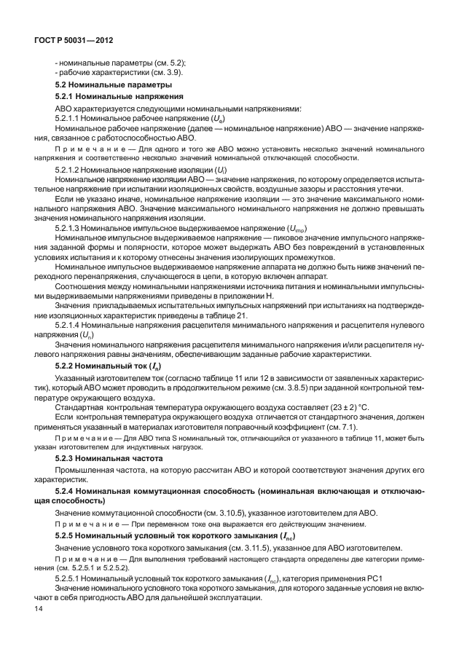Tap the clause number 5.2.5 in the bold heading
pos(67,535)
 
